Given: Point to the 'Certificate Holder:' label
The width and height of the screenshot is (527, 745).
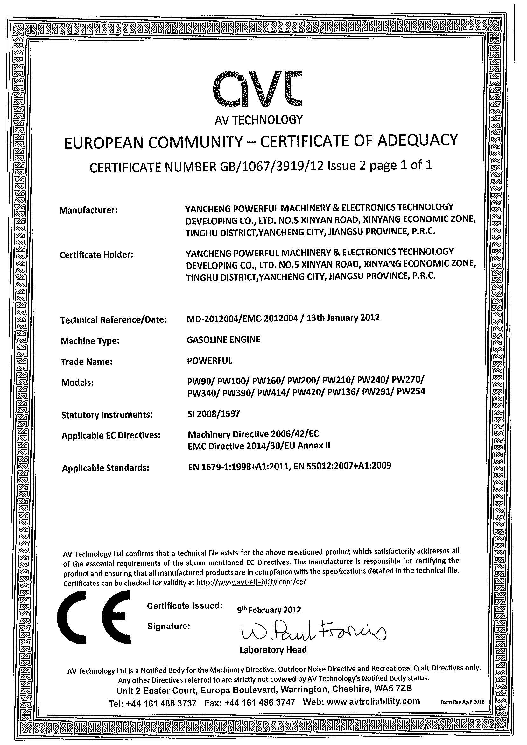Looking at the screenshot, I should pos(96,255).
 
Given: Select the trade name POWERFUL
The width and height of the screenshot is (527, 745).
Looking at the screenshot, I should pos(210,361).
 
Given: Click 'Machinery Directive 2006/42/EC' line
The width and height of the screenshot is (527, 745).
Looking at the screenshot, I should pos(253,434).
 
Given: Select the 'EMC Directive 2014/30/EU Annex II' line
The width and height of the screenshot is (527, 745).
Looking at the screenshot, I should pos(259,446).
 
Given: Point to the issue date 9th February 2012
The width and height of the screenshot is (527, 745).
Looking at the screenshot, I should pos(269,610).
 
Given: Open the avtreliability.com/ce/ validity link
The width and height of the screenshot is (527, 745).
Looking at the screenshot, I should pos(251,582).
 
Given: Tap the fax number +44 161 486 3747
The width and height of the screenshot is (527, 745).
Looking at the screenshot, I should pos(260,702).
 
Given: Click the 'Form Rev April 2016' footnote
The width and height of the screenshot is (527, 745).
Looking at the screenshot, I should pos(462,702).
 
